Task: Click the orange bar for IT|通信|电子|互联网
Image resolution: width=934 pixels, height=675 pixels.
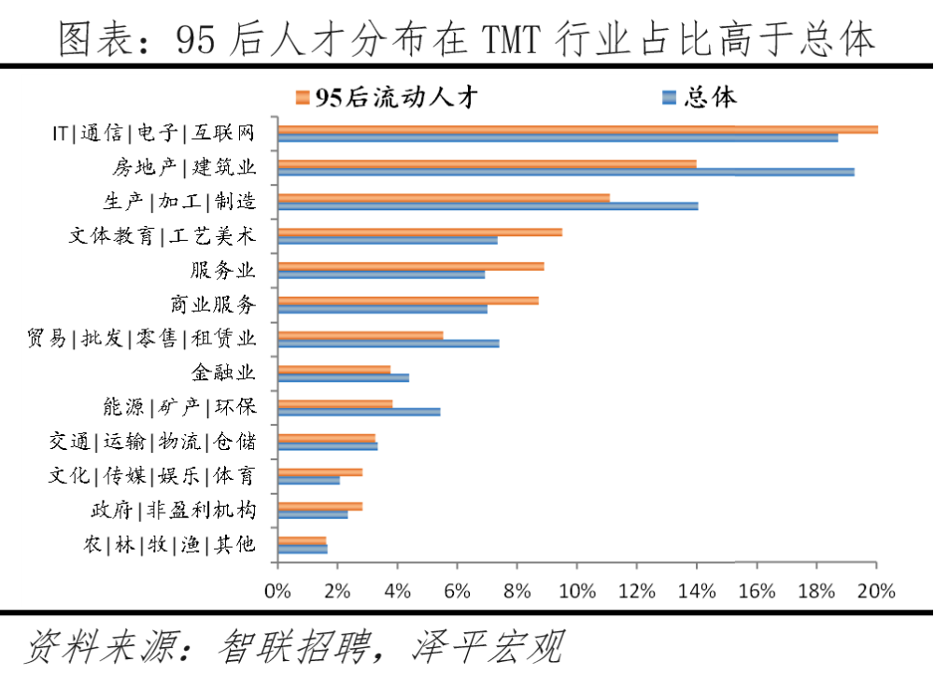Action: [x=578, y=130]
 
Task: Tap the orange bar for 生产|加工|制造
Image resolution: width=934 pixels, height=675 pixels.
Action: [x=444, y=198]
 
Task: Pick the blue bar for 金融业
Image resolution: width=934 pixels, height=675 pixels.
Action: [x=343, y=378]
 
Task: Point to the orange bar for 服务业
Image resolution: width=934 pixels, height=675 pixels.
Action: [x=411, y=266]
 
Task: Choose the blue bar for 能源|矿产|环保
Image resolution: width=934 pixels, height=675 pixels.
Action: [x=359, y=412]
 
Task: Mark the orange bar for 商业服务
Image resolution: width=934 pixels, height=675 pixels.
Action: [x=408, y=301]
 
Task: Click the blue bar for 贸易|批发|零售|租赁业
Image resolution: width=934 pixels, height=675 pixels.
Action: [x=389, y=344]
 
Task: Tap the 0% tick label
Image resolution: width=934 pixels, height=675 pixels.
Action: [x=277, y=590]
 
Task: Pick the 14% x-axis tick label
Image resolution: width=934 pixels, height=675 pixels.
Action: [x=696, y=590]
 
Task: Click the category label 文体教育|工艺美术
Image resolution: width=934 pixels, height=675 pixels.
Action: [x=162, y=235]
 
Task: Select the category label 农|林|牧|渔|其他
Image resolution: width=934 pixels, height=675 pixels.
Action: [x=169, y=544]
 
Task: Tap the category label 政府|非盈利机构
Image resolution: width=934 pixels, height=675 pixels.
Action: [x=173, y=510]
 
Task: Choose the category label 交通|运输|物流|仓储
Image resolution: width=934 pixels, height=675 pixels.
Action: [x=152, y=441]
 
